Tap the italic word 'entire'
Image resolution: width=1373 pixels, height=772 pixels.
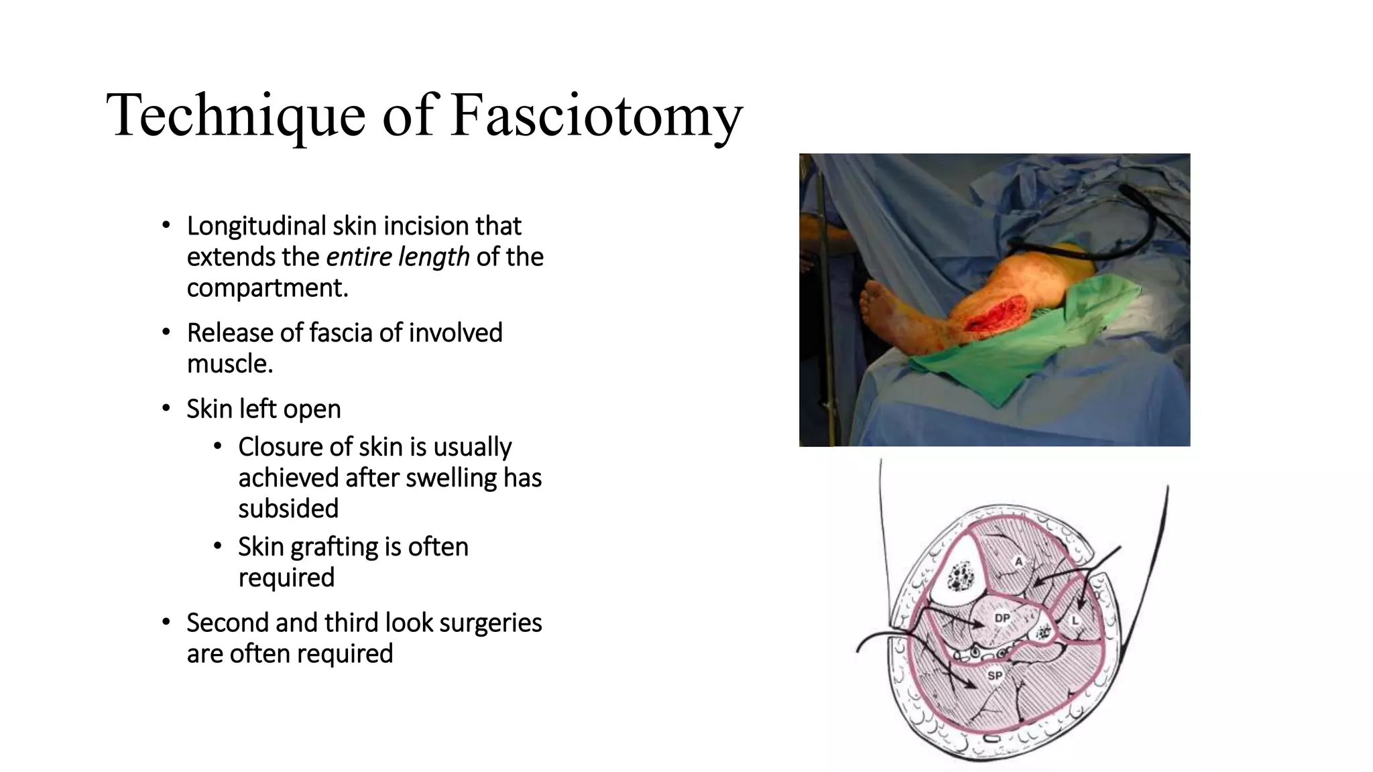coord(359,257)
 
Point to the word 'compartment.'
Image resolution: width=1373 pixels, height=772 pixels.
coord(267,287)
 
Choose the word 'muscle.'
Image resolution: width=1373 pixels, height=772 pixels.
coord(230,363)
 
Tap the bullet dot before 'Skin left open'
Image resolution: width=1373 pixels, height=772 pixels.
coord(166,408)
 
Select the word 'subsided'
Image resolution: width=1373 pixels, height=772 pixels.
coord(288,509)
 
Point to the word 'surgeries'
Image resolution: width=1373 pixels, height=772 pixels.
coord(491,623)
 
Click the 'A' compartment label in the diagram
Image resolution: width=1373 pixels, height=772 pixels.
coord(1019,562)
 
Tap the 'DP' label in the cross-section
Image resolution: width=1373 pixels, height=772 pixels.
coord(1002,618)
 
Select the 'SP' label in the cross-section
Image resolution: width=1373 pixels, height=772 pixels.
coord(995,675)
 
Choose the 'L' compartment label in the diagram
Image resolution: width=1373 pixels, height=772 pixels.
coord(1075,621)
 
